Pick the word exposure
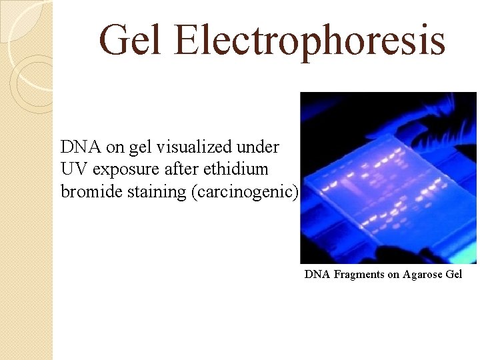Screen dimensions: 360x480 coord(127,169)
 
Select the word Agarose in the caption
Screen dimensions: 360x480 coord(424,274)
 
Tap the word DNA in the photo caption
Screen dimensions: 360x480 coord(317,274)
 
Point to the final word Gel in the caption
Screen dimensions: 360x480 coord(455,274)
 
